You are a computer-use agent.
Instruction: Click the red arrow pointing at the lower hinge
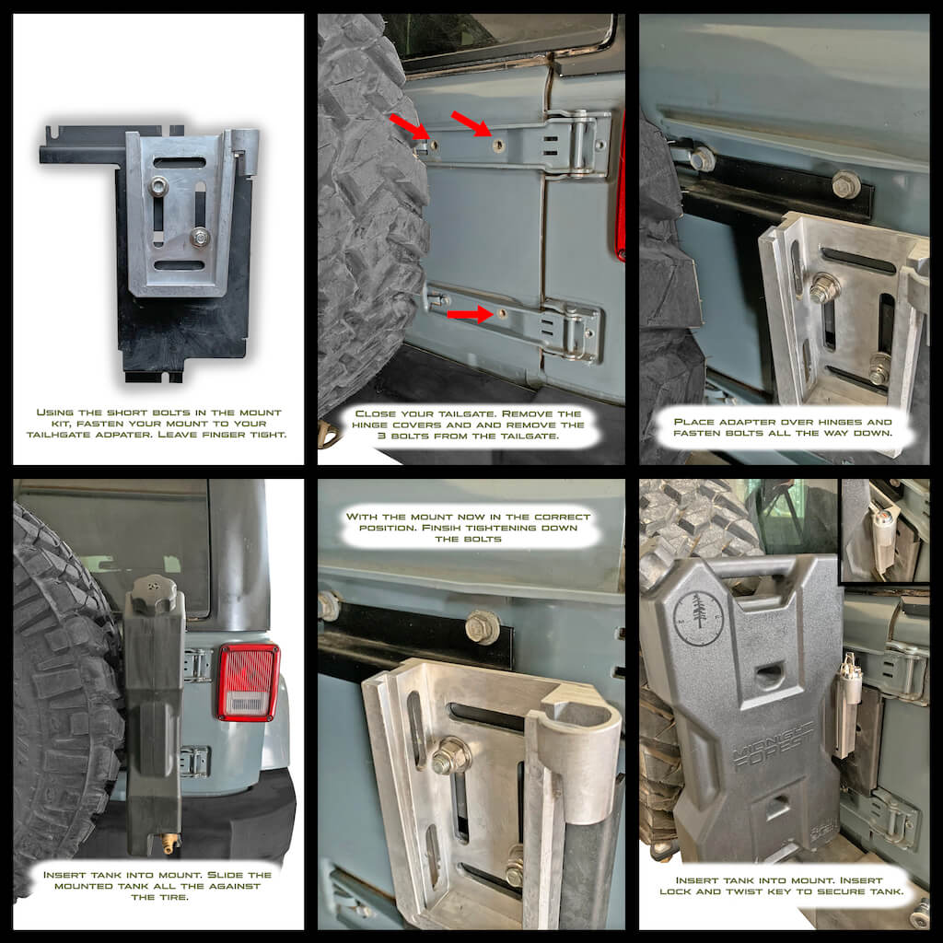click(x=467, y=314)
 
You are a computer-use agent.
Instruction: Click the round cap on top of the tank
click(x=153, y=594)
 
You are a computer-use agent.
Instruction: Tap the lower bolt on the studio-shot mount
click(x=199, y=237)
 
